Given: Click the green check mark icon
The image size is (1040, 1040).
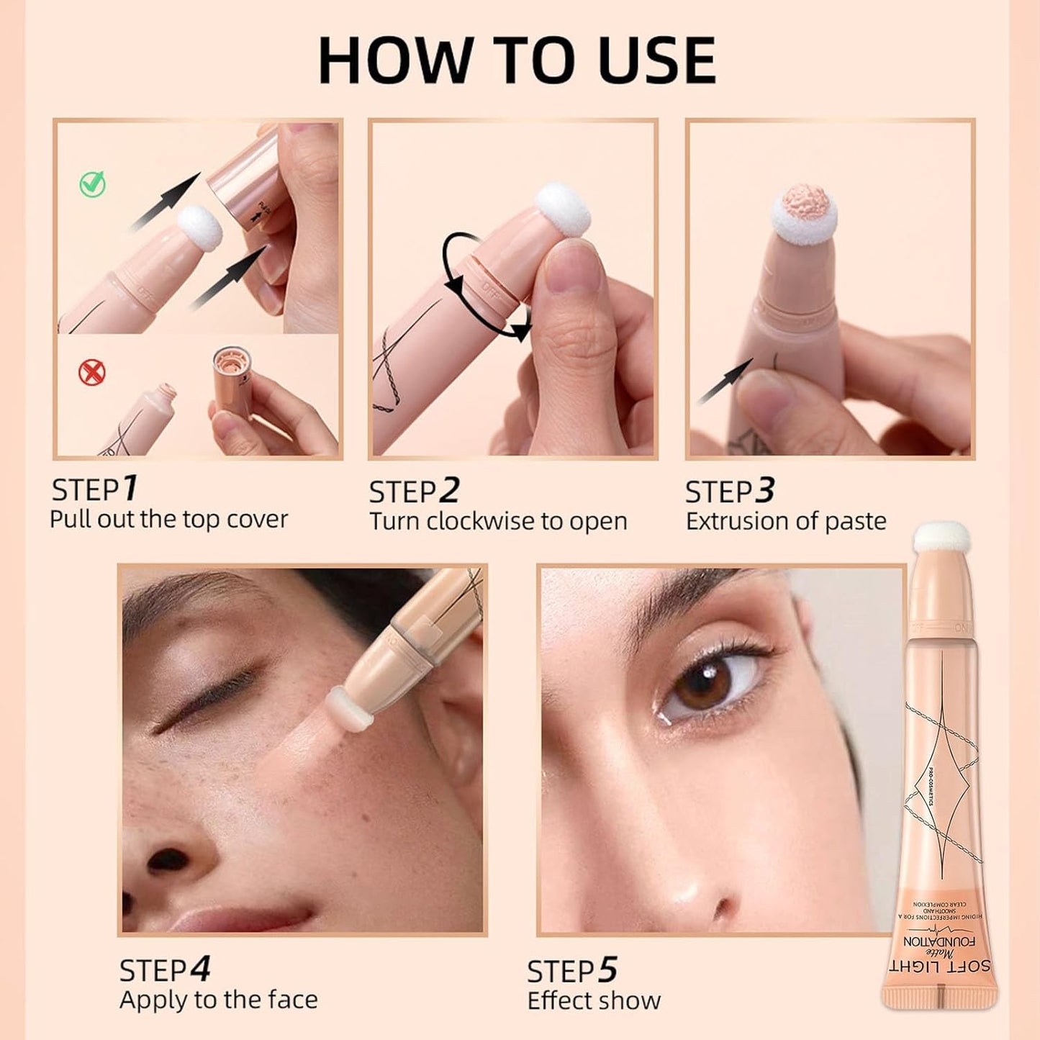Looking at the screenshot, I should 92,184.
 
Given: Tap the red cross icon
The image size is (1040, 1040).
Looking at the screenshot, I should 91,372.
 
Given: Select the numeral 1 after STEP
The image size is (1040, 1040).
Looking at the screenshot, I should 130,489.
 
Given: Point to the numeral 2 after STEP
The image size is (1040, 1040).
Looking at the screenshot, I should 448,491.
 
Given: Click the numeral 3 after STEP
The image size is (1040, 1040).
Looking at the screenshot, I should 764,491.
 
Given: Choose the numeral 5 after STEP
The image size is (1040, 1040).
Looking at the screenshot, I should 607,970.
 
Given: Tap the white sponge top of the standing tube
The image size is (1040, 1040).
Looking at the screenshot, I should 941,538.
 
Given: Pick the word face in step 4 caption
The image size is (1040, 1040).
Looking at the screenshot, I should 292,1000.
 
